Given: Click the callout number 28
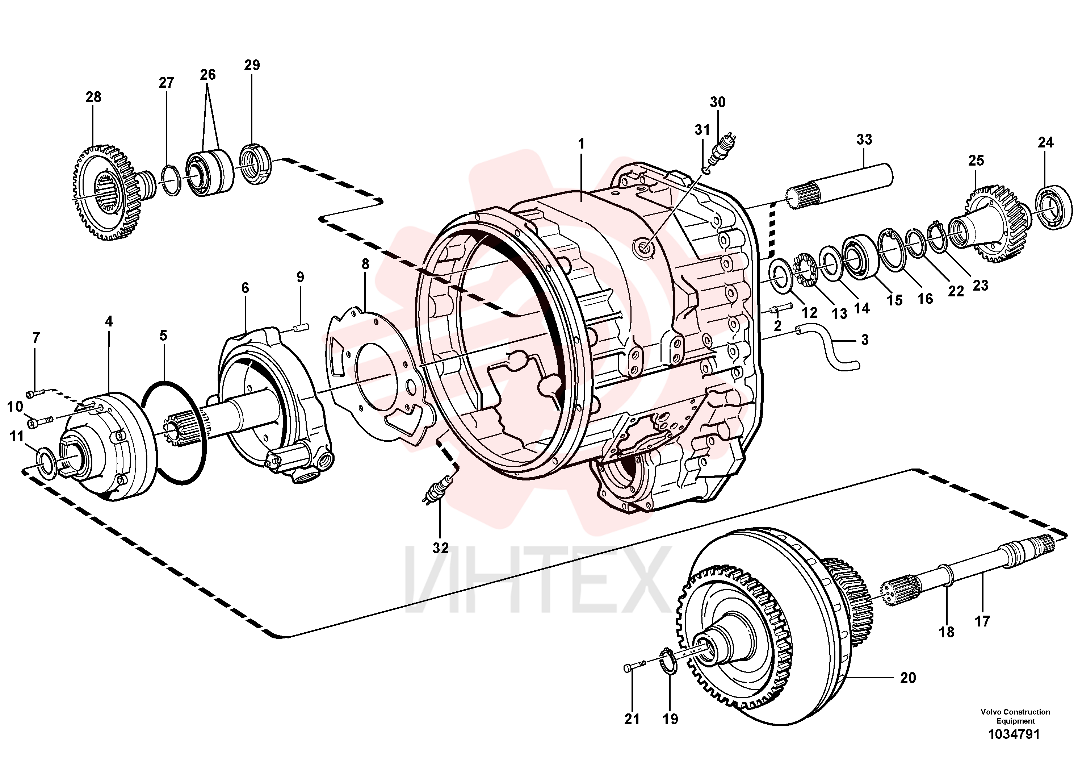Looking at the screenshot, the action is [x=93, y=97].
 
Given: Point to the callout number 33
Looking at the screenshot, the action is [x=864, y=140].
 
